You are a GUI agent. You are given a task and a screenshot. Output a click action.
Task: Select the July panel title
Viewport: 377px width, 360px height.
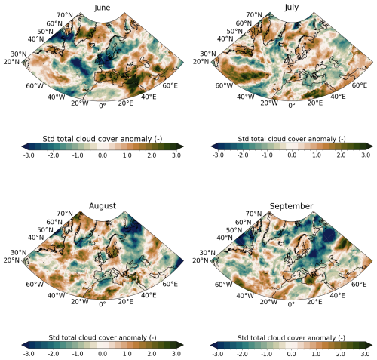point(291,8)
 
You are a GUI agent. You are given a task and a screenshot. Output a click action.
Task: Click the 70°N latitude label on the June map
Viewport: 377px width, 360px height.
point(64,16)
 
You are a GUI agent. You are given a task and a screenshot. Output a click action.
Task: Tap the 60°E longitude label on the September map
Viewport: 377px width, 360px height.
point(359,285)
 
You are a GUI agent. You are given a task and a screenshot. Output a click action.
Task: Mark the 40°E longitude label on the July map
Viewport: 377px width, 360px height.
point(338,96)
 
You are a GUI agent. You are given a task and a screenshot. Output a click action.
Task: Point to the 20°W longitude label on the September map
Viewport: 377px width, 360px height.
point(268,302)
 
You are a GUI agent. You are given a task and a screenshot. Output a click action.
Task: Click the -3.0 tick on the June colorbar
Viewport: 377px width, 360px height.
point(29,155)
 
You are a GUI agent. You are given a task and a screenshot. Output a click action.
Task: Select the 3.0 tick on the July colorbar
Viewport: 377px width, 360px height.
point(365,155)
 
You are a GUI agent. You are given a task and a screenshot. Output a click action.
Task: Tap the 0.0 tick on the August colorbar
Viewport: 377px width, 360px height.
point(103,352)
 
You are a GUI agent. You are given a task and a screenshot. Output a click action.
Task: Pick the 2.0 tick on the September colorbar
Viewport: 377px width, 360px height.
point(340,352)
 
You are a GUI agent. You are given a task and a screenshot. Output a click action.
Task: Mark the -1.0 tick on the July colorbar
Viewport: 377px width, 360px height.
point(266,155)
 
